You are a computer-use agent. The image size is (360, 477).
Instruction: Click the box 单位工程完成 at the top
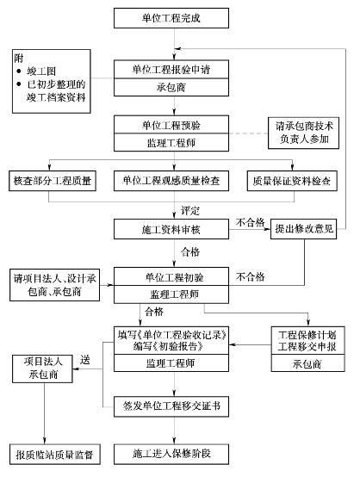[171, 18]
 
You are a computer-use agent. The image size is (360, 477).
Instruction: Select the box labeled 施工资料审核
[171, 229]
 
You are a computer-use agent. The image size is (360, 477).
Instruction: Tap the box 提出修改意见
[304, 229]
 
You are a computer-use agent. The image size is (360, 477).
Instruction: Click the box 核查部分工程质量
[53, 181]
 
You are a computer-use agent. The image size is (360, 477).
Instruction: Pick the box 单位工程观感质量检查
[171, 181]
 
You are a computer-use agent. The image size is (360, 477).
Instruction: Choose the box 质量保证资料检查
[292, 181]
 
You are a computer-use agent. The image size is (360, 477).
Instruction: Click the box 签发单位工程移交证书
[171, 406]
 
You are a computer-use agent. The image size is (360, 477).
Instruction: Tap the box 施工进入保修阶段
[171, 455]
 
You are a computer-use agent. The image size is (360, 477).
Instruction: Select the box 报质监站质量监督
[55, 455]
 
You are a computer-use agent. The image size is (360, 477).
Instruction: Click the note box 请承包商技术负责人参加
[303, 133]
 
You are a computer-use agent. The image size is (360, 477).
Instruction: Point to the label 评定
[190, 210]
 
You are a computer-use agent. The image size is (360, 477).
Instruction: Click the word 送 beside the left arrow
[85, 360]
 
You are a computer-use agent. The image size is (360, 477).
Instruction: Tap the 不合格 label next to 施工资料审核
[250, 222]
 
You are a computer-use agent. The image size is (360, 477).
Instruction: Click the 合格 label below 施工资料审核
[190, 252]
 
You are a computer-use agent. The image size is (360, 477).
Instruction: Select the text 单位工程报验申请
[171, 70]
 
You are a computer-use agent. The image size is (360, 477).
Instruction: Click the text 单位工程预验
[171, 125]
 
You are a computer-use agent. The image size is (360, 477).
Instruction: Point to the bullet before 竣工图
[19, 71]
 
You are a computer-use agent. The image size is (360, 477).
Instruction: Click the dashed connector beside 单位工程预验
[248, 133]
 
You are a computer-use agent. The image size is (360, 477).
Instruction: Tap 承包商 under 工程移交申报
[307, 363]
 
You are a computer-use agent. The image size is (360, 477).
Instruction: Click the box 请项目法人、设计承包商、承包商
[55, 285]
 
